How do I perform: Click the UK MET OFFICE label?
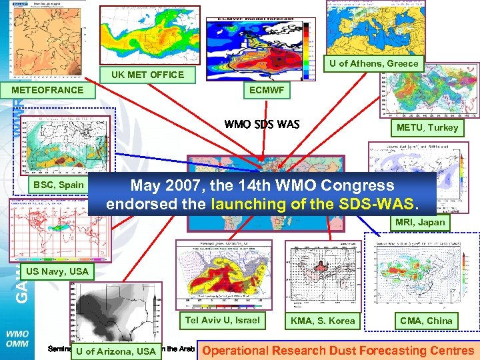148,75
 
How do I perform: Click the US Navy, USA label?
57,271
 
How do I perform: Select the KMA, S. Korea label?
323,321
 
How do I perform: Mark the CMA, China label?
425,321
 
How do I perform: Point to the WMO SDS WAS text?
262,124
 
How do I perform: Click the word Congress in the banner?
353,185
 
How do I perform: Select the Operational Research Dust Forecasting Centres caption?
338,351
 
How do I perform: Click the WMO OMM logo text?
16,338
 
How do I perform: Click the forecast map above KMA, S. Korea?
323,276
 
